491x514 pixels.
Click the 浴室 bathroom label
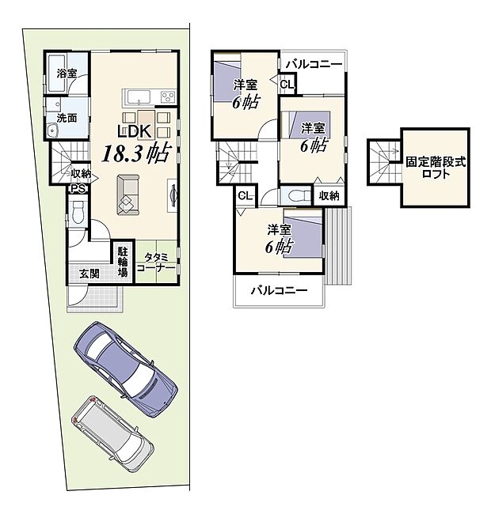pos(67,74)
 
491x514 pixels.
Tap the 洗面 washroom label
pos(67,117)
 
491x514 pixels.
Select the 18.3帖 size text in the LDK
pos(133,153)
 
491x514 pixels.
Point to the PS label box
pos(78,188)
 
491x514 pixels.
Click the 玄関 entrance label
pos(89,274)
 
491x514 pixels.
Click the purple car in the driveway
pos(126,368)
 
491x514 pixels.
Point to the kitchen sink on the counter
pos(136,97)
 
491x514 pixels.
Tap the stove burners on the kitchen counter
pos(169,97)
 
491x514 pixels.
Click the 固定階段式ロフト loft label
pos(436,167)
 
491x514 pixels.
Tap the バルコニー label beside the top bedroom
pos(314,63)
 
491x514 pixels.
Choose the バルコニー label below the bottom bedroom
pos(279,291)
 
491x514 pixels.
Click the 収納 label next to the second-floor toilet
pos(329,195)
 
